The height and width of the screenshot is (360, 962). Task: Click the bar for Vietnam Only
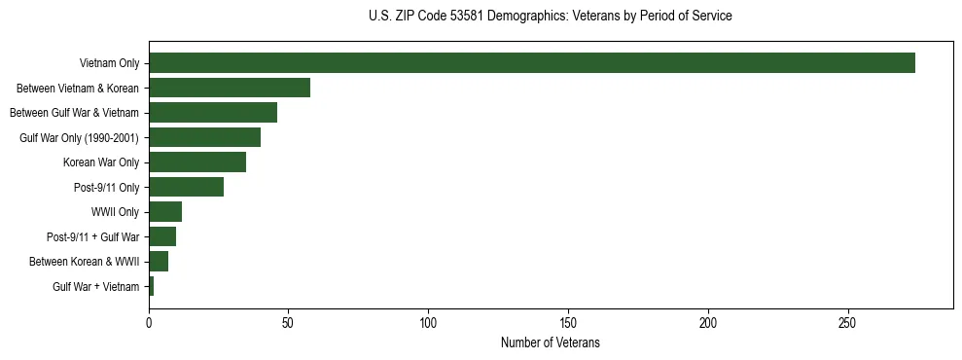click(532, 62)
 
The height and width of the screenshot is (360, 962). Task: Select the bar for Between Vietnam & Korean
click(230, 88)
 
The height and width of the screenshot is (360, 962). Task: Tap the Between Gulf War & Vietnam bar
click(213, 112)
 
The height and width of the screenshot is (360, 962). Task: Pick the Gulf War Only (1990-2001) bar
click(204, 137)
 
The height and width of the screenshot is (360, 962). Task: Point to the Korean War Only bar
click(197, 162)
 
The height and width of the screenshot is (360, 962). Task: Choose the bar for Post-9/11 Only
click(186, 187)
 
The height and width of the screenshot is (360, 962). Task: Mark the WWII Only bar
click(165, 212)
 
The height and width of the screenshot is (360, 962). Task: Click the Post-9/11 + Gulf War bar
click(162, 236)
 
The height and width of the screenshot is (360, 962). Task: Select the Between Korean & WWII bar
click(159, 262)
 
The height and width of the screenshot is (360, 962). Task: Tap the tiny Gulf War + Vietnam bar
click(152, 286)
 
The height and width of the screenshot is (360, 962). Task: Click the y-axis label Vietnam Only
click(109, 63)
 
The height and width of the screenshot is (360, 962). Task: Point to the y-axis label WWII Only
click(115, 212)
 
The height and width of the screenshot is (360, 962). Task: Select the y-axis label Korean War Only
click(101, 162)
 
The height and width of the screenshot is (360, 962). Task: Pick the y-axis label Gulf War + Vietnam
click(95, 287)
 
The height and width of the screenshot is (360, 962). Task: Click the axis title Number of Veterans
click(551, 343)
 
